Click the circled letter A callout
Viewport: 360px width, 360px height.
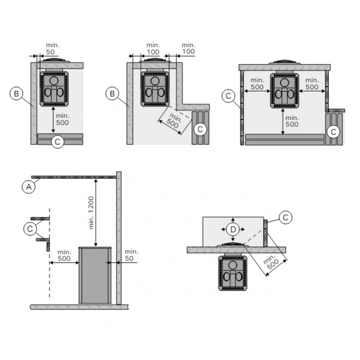28,187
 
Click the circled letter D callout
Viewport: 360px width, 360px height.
233,229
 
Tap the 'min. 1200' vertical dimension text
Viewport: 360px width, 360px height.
91,213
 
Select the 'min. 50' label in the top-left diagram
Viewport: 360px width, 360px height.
52,48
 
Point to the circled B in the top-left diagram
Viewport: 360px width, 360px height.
16,93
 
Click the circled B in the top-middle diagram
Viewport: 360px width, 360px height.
112,93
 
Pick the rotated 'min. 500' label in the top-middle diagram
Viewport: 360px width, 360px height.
174,121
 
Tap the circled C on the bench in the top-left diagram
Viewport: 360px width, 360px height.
57,141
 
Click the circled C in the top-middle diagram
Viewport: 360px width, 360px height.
200,129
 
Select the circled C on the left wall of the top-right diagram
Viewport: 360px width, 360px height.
228,95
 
